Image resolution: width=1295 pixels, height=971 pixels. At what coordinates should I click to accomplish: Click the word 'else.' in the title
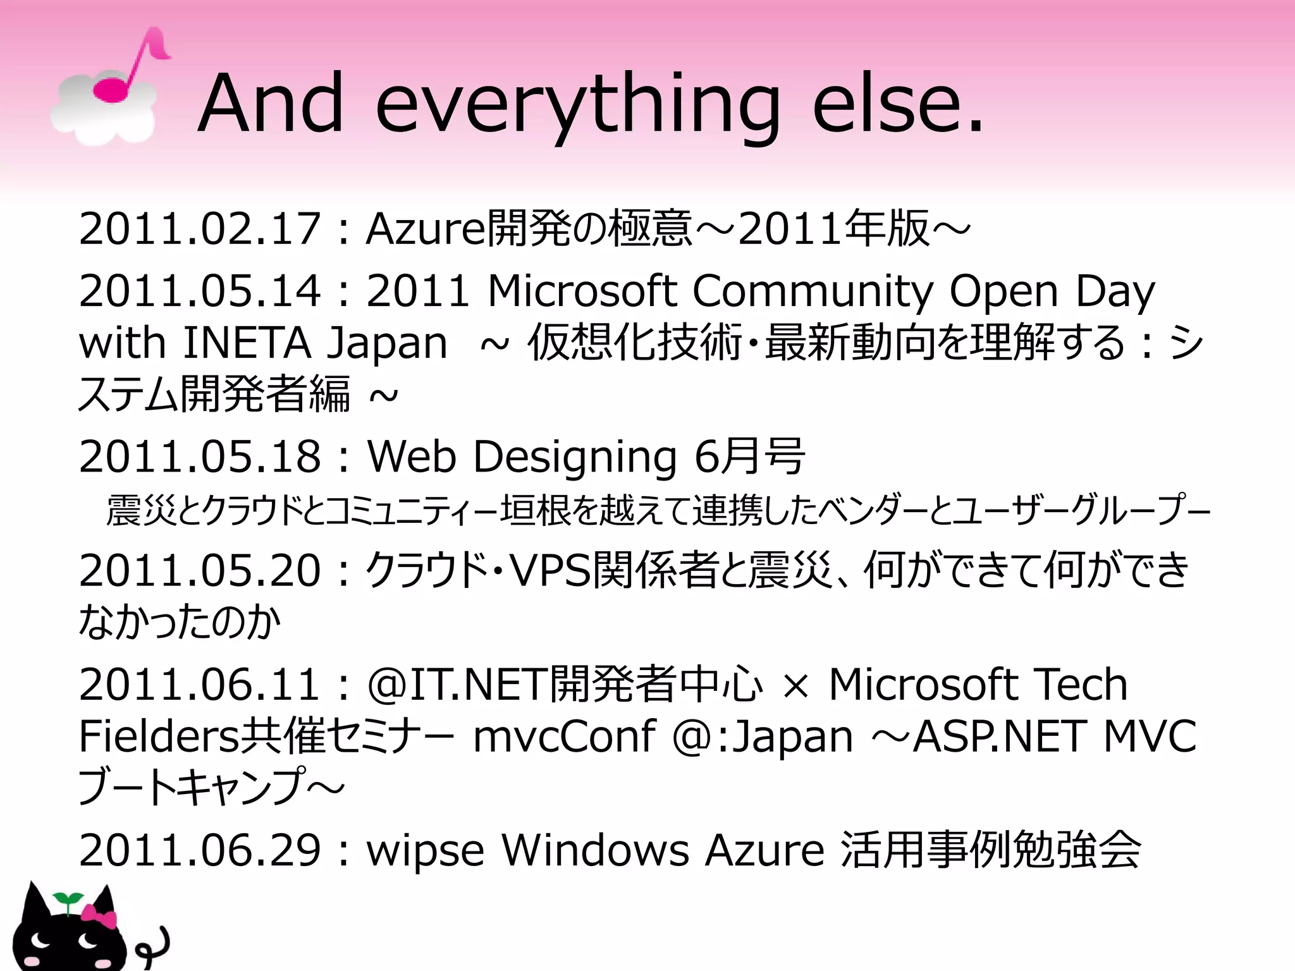pos(898,104)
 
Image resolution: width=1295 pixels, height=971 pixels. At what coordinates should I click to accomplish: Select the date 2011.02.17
pos(199,229)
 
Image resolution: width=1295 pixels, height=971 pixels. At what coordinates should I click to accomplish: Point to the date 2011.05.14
pos(199,291)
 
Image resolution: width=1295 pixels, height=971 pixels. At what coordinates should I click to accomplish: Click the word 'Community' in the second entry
pos(813,291)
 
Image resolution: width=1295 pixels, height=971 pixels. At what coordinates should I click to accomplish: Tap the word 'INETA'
pos(247,343)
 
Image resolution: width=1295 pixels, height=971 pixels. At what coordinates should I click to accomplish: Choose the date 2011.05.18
pos(199,456)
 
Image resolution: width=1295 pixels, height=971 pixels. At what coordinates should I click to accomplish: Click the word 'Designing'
pos(575,456)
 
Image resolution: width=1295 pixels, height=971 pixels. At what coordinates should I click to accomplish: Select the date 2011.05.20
pos(199,570)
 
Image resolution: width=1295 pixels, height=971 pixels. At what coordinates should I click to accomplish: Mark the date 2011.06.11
pos(199,685)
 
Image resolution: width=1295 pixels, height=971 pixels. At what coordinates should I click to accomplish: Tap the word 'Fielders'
pos(159,736)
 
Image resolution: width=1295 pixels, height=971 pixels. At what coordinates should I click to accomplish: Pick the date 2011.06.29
pos(199,850)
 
